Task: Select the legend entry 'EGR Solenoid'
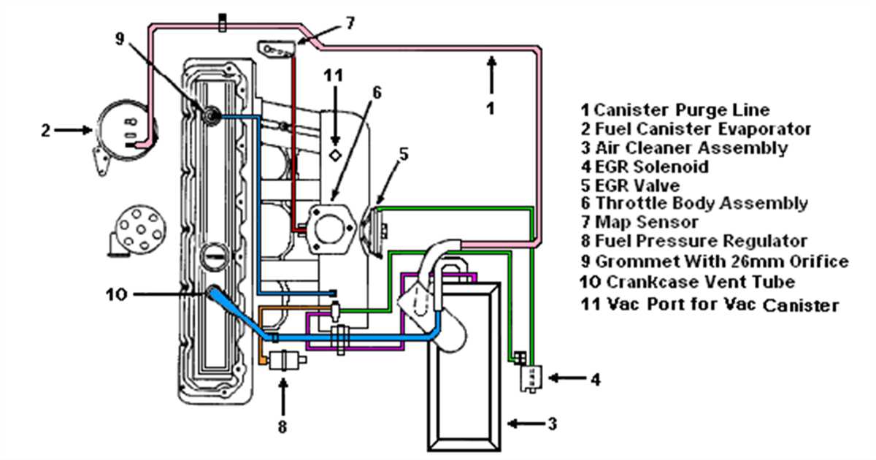pyautogui.click(x=652, y=166)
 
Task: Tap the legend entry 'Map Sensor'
pyautogui.click(x=647, y=222)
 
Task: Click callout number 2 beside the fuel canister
pyautogui.click(x=45, y=131)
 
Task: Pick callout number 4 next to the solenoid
pyautogui.click(x=596, y=379)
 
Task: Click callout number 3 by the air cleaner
pyautogui.click(x=553, y=423)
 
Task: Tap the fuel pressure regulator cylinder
pyautogui.click(x=282, y=359)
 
